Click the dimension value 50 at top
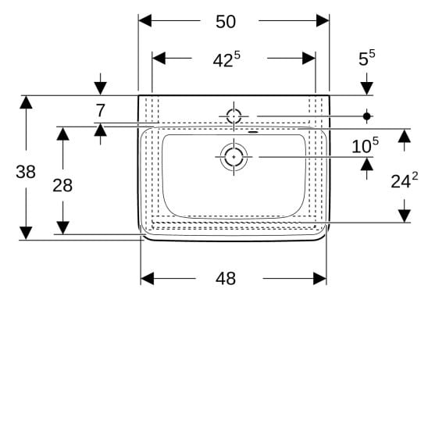pyautogui.click(x=226, y=22)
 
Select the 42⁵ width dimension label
pyautogui.click(x=226, y=59)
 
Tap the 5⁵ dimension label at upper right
pyautogui.click(x=366, y=58)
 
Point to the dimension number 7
pyautogui.click(x=101, y=111)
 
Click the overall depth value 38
pyautogui.click(x=26, y=172)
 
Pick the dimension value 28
pyautogui.click(x=62, y=185)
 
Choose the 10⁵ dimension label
pyautogui.click(x=365, y=145)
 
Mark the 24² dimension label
pyautogui.click(x=405, y=180)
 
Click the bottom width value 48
pyautogui.click(x=226, y=279)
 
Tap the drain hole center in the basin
pyautogui.click(x=234, y=157)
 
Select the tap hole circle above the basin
pyautogui.click(x=234, y=116)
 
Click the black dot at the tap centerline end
pyautogui.click(x=366, y=116)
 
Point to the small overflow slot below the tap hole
pyautogui.click(x=253, y=133)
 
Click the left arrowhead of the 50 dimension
pyautogui.click(x=145, y=21)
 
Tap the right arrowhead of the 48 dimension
pyautogui.click(x=319, y=278)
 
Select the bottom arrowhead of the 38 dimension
pyautogui.click(x=26, y=233)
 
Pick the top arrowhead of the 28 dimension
pyautogui.click(x=62, y=134)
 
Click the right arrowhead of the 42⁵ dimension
pyautogui.click(x=309, y=58)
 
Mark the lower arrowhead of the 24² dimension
pyautogui.click(x=405, y=216)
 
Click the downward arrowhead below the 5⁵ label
pyautogui.click(x=366, y=88)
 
